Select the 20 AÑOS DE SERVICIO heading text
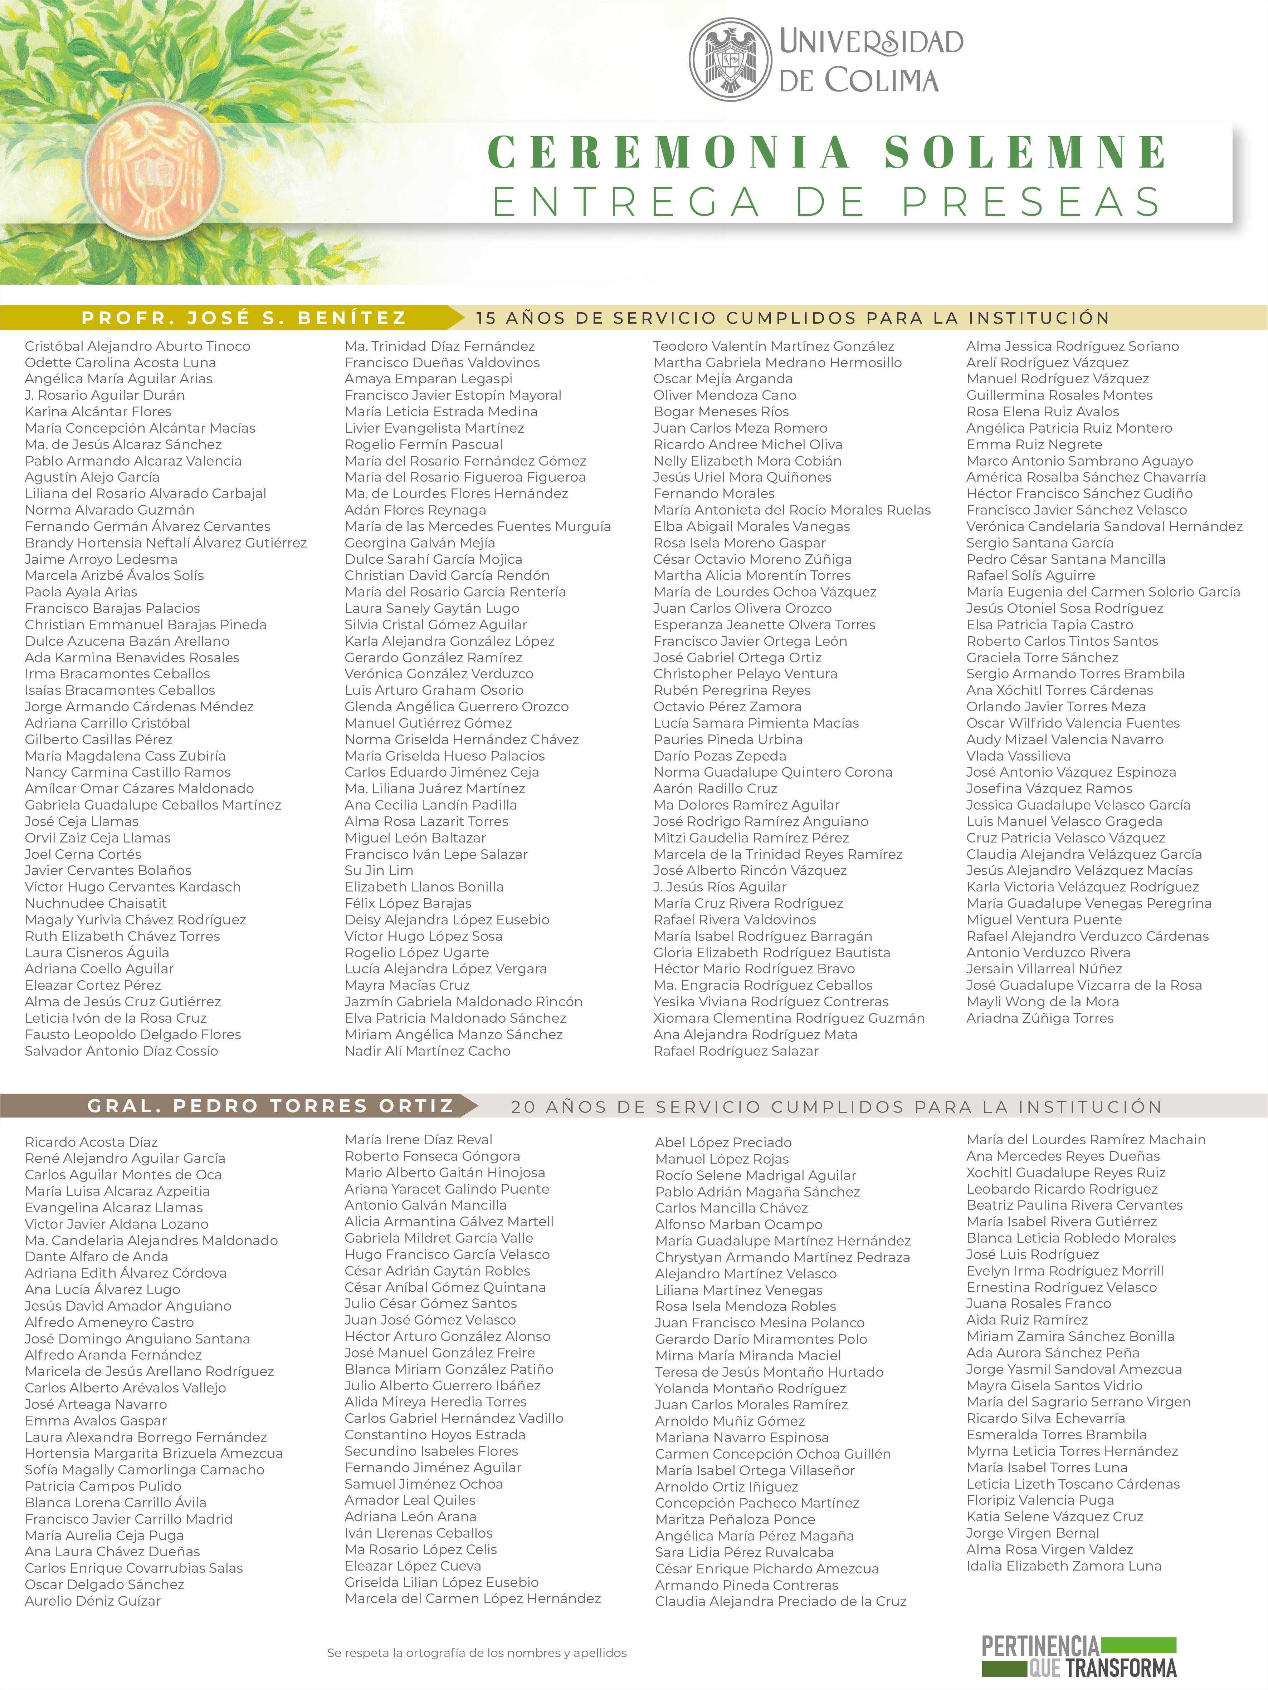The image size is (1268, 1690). (836, 1106)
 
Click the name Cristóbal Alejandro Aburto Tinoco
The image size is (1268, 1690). (138, 346)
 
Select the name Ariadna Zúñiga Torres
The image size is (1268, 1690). (1039, 1018)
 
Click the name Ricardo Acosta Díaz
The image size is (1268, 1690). (91, 1141)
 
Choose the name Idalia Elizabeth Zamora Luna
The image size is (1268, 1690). (1063, 1566)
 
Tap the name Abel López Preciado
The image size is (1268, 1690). (723, 1142)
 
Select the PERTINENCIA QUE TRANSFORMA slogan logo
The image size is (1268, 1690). (1078, 1656)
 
